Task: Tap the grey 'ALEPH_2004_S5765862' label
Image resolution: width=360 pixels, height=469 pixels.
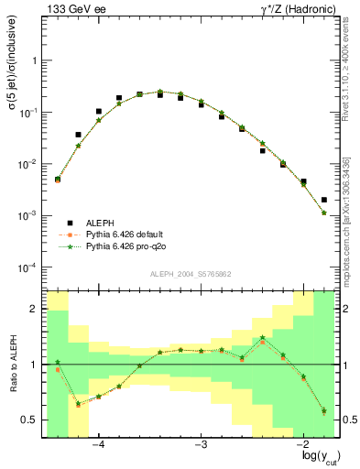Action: [x=190, y=274]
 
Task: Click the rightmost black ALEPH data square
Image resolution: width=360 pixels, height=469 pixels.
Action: [x=324, y=200]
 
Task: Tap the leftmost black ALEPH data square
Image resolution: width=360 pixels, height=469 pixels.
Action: [x=58, y=180]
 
